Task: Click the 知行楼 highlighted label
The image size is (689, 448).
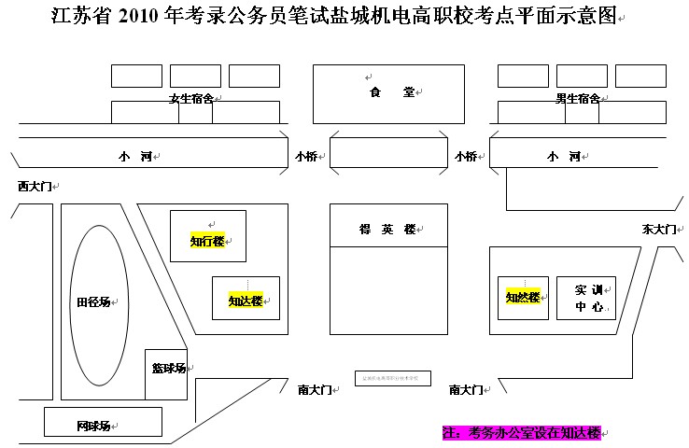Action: point(207,241)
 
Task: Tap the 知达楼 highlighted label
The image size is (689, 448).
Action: point(245,301)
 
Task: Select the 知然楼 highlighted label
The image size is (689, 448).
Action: point(523,298)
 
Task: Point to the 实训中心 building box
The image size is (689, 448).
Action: point(586,298)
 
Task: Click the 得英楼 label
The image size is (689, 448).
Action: point(387,230)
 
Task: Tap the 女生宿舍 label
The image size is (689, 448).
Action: point(190,98)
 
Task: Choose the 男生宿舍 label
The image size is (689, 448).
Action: point(577,98)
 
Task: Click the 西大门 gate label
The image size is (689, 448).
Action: point(35,187)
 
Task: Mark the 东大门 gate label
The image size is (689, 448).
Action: point(658,229)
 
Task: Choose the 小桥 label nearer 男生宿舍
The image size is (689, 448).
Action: point(465,156)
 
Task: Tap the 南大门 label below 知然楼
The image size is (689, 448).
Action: point(466,389)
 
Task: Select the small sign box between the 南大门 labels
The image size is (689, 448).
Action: point(393,377)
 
